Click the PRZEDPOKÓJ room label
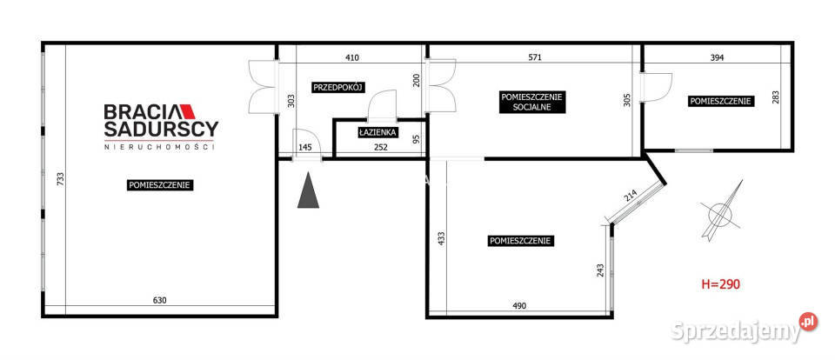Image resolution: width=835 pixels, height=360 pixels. pyautogui.click(x=338, y=87)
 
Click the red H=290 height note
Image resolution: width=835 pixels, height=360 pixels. pyautogui.click(x=720, y=283)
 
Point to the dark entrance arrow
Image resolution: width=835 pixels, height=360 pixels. pyautogui.click(x=308, y=190)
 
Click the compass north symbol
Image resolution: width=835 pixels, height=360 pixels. pyautogui.click(x=720, y=211)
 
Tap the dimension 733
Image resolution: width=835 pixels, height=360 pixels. pyautogui.click(x=60, y=179)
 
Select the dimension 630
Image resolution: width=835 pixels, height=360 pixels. pyautogui.click(x=160, y=300)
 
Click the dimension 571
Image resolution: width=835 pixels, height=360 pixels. pyautogui.click(x=535, y=58)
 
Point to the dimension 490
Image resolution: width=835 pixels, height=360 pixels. pyautogui.click(x=519, y=306)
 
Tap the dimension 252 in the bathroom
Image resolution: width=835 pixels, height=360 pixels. pyautogui.click(x=380, y=148)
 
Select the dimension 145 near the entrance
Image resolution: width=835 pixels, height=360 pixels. pyautogui.click(x=305, y=148)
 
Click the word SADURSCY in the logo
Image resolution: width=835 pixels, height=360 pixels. pyautogui.click(x=161, y=129)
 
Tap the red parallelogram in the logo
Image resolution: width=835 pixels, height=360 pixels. pyautogui.click(x=188, y=111)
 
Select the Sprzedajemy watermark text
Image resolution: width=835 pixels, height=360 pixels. pyautogui.click(x=736, y=331)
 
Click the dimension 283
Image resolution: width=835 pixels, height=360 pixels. pyautogui.click(x=775, y=97)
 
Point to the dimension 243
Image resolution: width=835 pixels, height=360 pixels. pyautogui.click(x=600, y=271)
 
